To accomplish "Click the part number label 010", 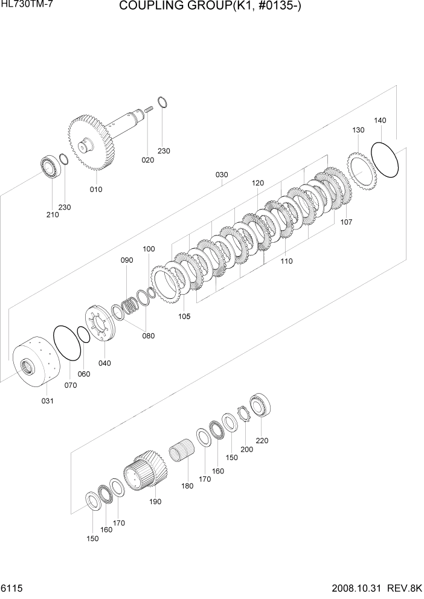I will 96,190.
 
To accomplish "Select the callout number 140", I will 380,121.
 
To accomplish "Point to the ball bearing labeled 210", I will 49,167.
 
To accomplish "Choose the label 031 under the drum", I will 47,401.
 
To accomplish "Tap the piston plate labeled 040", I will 100,325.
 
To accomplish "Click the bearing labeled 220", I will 261,405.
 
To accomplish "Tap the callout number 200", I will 246,450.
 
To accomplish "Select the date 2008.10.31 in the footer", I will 358,588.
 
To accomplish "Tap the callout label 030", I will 222,175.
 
